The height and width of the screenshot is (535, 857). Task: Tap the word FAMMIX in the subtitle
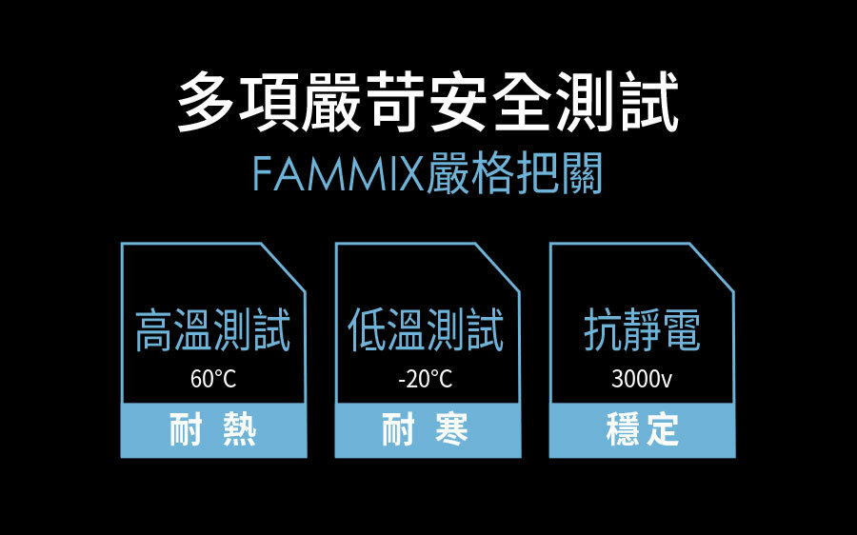(338, 175)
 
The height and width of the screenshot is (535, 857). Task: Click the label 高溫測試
(212, 330)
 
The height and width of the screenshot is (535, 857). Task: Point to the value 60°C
(213, 379)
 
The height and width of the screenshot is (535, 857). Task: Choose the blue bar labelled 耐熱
(213, 430)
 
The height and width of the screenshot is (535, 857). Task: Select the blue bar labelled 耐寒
(428, 430)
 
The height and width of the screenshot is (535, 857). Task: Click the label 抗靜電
(642, 330)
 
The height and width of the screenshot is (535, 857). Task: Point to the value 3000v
(642, 379)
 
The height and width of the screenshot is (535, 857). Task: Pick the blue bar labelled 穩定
(642, 430)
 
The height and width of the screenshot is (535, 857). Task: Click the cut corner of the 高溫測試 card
(282, 266)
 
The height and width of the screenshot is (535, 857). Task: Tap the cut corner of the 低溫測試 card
(496, 266)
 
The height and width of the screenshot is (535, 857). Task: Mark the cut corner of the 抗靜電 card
(710, 266)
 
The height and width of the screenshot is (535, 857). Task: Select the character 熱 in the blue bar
(238, 430)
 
